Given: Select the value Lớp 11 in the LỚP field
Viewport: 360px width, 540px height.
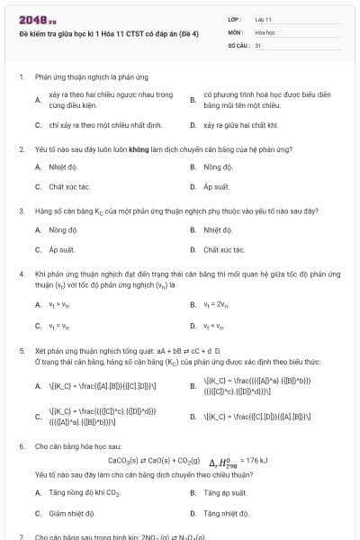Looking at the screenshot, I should coord(264,19).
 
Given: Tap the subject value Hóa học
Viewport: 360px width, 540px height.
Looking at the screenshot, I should coord(265,31).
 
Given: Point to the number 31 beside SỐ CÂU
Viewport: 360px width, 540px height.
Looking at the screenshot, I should coord(258,44).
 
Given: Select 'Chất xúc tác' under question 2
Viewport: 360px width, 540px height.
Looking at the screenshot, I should coord(68,187).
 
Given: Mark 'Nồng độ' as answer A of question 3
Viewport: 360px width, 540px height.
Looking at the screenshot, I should coord(63,229).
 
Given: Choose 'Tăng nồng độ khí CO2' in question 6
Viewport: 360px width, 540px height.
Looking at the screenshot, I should coord(85,492).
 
